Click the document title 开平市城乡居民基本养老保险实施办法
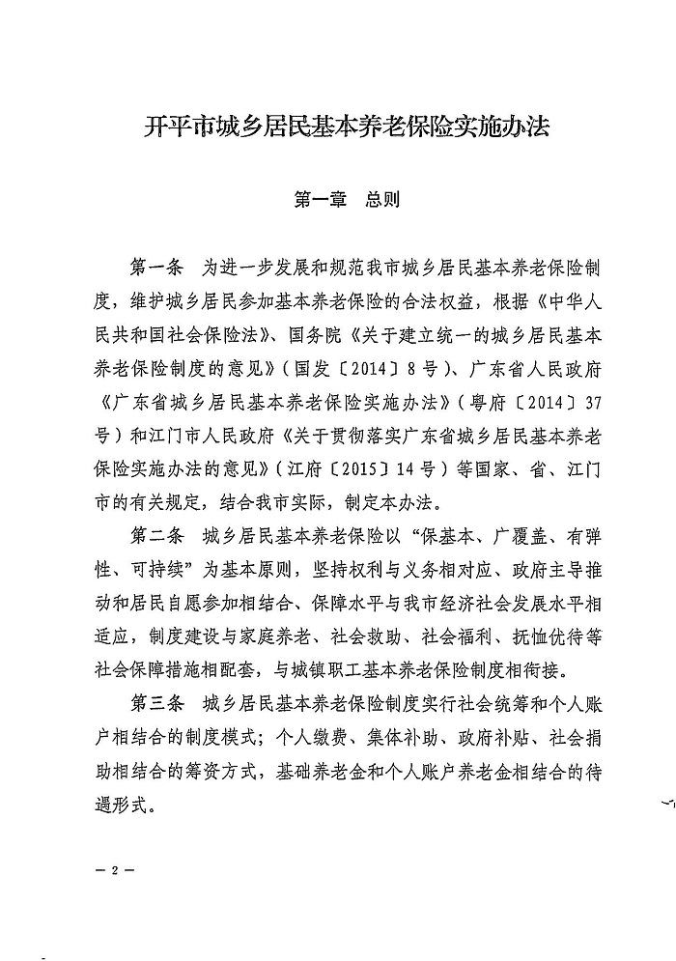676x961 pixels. pos(337,126)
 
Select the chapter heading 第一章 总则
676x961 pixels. pos(338,202)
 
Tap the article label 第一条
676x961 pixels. pos(155,267)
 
